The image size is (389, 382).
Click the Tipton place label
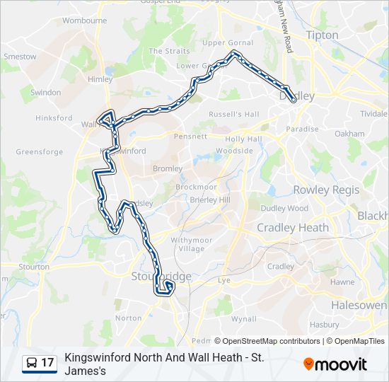click(322, 35)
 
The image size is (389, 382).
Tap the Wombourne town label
click(84, 21)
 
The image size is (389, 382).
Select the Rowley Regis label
click(326, 190)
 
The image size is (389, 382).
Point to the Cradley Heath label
click(293, 227)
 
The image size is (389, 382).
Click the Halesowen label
click(359, 305)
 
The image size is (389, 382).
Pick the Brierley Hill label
click(210, 200)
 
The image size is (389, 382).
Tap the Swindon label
click(46, 93)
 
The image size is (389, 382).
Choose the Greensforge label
click(40, 151)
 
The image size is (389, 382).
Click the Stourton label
click(34, 267)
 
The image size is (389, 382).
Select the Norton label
click(129, 318)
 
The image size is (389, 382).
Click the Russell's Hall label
click(234, 114)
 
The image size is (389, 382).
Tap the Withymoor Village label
click(187, 244)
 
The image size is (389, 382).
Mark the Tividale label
click(373, 113)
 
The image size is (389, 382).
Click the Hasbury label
click(324, 325)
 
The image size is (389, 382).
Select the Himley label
click(100, 79)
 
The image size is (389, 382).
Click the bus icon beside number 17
click(32, 363)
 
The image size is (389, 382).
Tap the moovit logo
click(335, 364)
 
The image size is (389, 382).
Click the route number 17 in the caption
click(48, 363)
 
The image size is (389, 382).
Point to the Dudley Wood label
click(284, 208)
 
